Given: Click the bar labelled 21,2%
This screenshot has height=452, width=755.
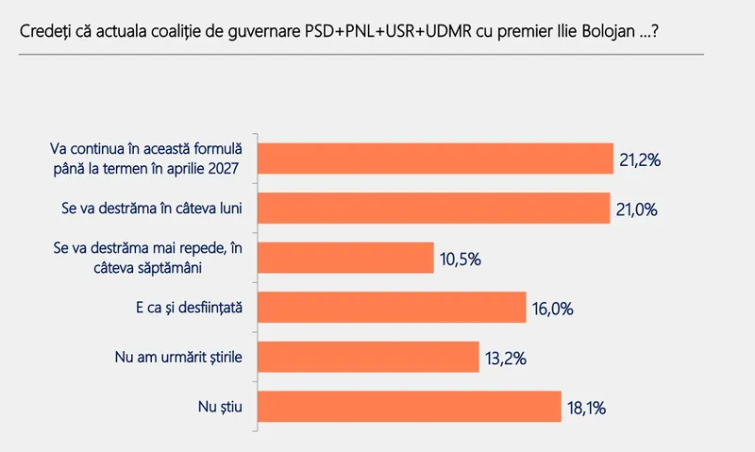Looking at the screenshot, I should pyautogui.click(x=435, y=159).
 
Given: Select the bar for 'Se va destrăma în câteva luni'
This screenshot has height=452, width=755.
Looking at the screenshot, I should pyautogui.click(x=434, y=208).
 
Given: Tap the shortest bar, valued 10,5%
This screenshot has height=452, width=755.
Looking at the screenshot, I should pyautogui.click(x=344, y=258).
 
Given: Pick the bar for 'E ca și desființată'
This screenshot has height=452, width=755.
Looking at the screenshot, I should pyautogui.click(x=391, y=308).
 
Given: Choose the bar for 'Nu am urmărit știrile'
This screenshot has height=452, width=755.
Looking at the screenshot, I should pyautogui.click(x=369, y=357).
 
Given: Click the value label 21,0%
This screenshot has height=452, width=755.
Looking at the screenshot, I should pyautogui.click(x=637, y=209).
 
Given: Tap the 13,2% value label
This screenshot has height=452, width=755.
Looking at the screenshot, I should pyautogui.click(x=506, y=359).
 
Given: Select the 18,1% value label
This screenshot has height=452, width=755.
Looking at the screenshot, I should pyautogui.click(x=586, y=408).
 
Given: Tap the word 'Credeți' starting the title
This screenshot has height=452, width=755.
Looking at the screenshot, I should pyautogui.click(x=42, y=31).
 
